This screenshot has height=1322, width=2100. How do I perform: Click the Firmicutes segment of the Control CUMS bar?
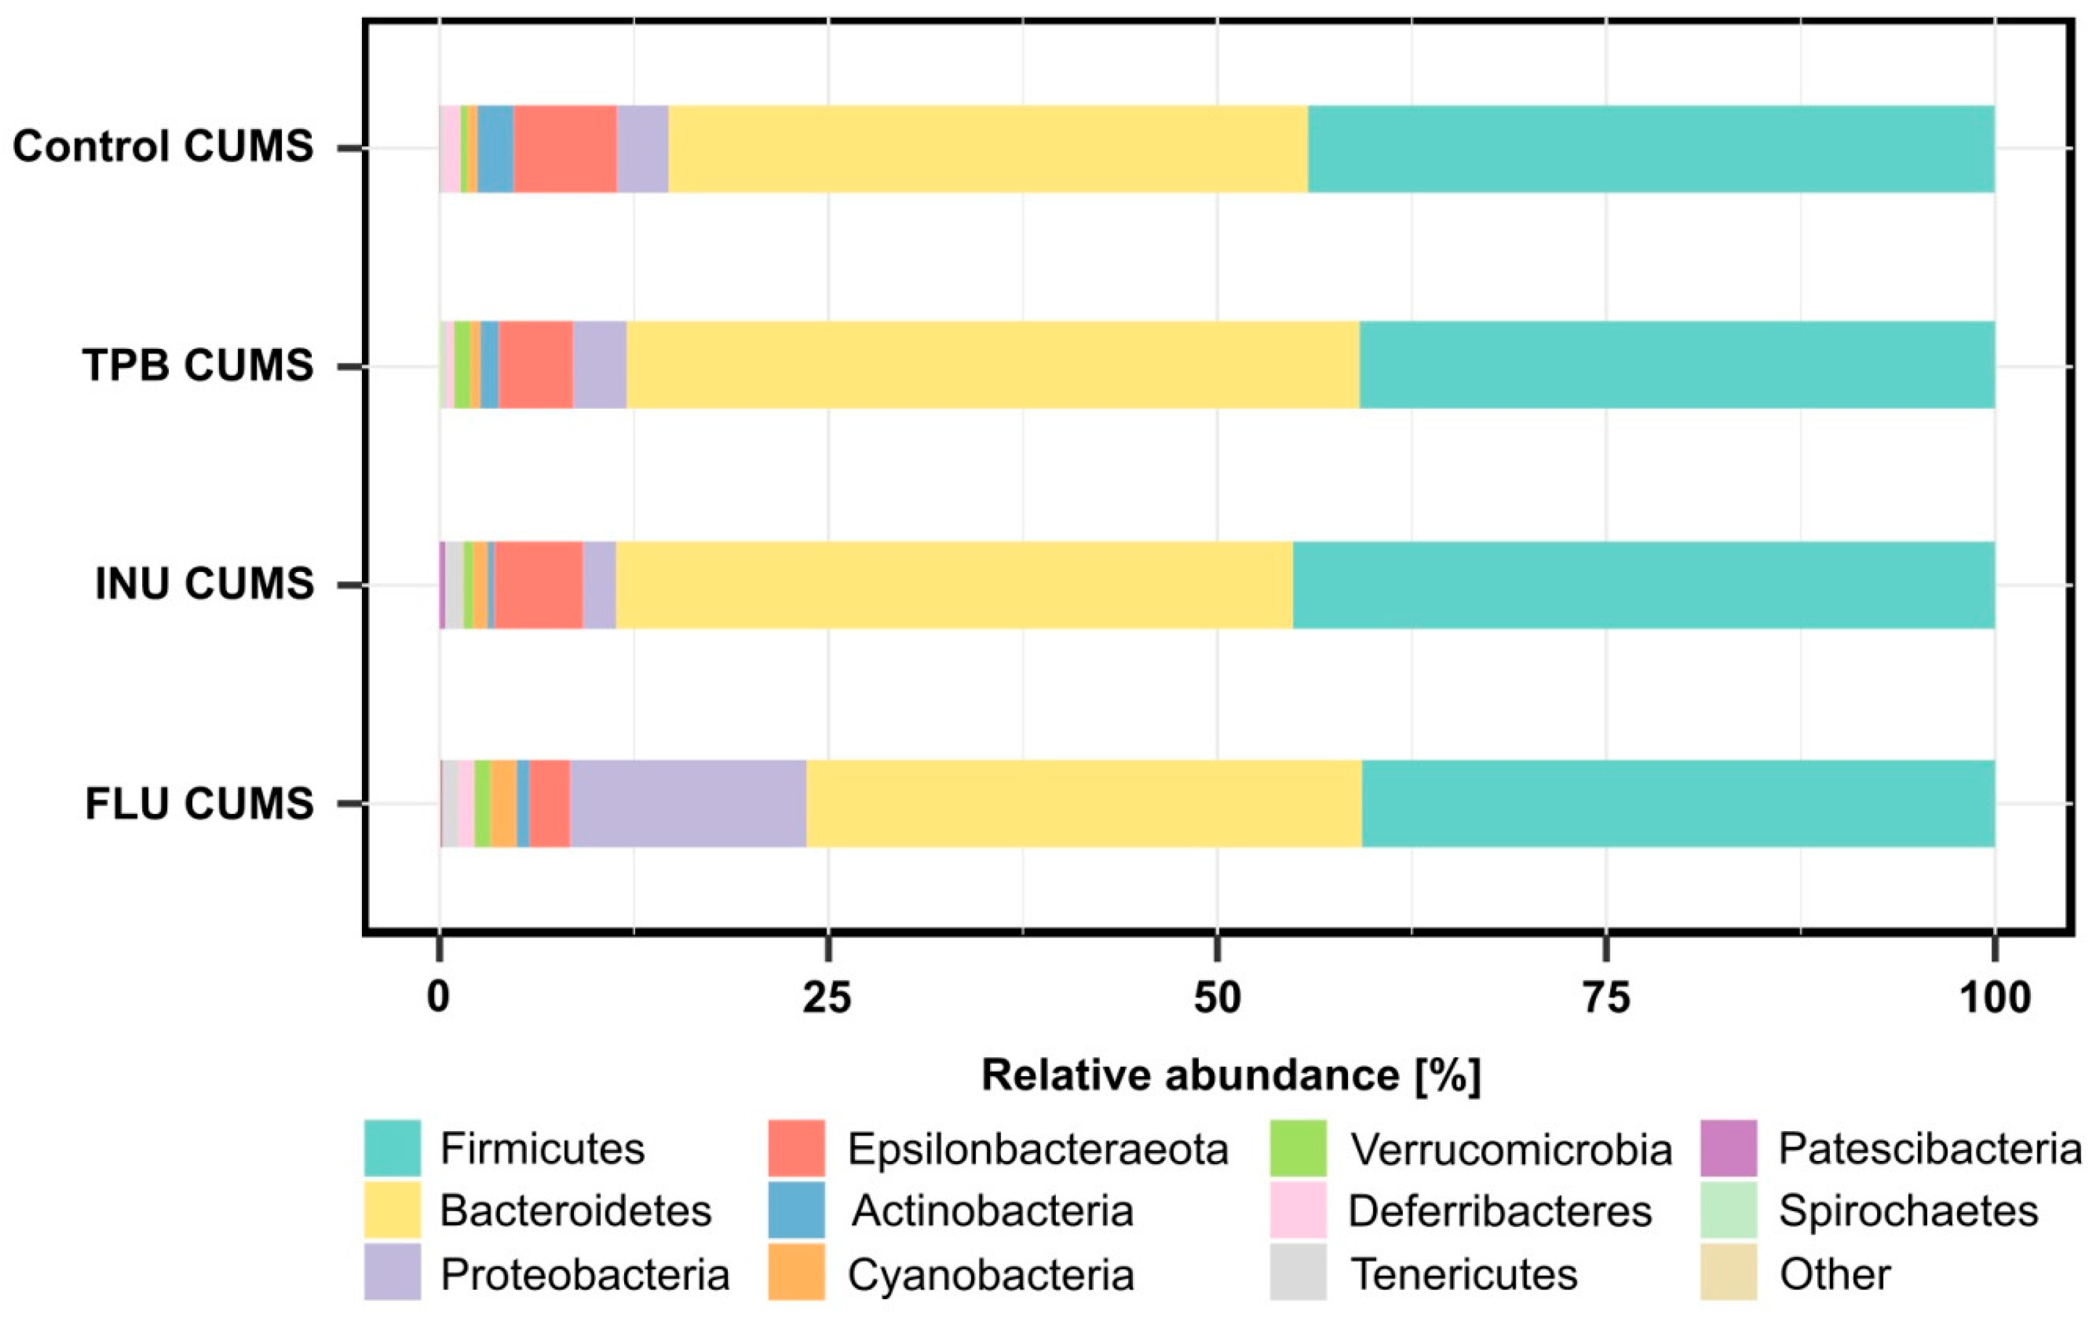1650,148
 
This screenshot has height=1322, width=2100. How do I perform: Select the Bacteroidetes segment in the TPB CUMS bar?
993,365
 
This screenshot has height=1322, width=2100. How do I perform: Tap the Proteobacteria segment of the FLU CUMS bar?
688,803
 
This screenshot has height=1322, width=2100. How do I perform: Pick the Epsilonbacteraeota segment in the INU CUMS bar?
538,584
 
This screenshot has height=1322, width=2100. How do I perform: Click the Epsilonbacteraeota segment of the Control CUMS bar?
565,148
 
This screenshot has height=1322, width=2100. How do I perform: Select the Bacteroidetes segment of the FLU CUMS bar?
1084,803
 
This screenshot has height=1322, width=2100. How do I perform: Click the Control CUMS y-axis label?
163,147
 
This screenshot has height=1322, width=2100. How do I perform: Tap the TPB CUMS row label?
198,365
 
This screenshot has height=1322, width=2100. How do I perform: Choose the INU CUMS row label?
204,584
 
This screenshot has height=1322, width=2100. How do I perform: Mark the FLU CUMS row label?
199,803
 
